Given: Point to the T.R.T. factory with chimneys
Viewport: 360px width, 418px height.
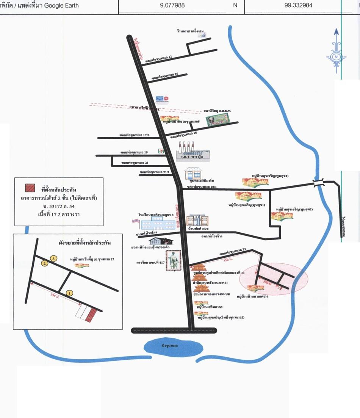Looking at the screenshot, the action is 193,152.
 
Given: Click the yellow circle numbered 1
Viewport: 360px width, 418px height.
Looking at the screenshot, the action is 69,293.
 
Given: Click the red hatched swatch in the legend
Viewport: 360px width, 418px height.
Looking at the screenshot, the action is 30,188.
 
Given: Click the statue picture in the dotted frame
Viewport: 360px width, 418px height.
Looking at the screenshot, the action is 173,260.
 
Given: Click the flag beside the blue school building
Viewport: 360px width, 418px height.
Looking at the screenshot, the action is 135,221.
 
